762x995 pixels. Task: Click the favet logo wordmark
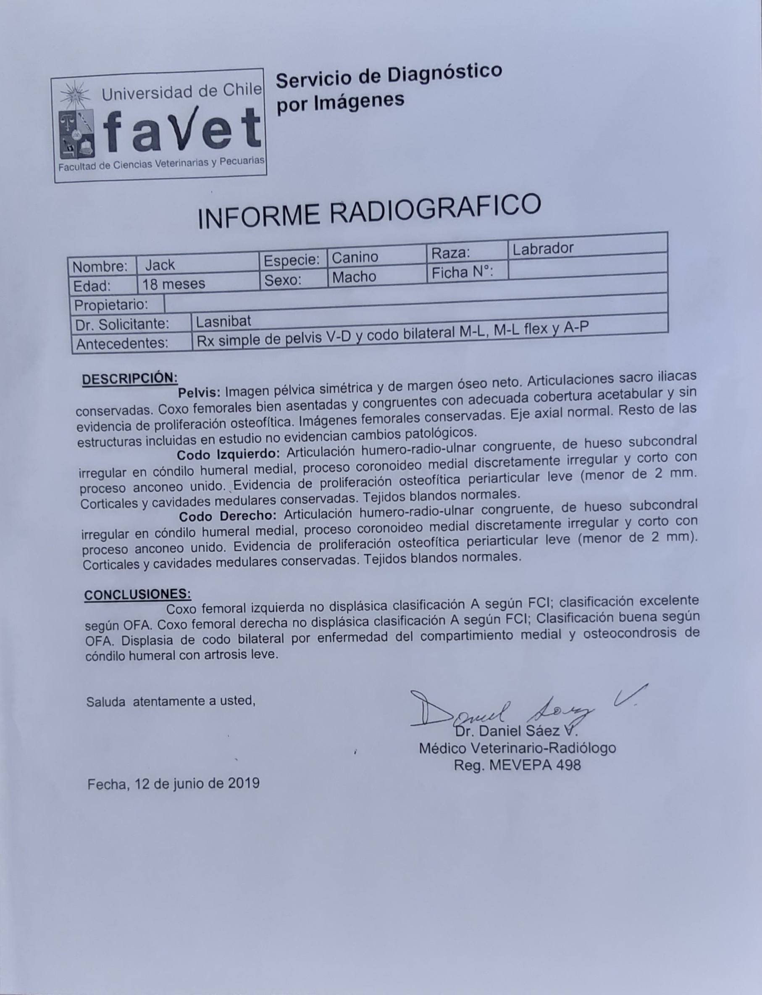pyautogui.click(x=181, y=132)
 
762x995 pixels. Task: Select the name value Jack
pyautogui.click(x=160, y=265)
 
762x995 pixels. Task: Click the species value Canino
pyautogui.click(x=355, y=257)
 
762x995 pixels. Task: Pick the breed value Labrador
pyautogui.click(x=543, y=248)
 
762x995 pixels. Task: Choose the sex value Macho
pyautogui.click(x=354, y=277)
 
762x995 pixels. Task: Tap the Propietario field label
pyautogui.click(x=111, y=305)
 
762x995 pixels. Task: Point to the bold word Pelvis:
pyautogui.click(x=199, y=392)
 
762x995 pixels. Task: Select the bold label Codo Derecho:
pyautogui.click(x=228, y=516)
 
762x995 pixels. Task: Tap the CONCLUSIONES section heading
pyautogui.click(x=137, y=595)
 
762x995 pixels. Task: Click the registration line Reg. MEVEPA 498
pyautogui.click(x=517, y=766)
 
